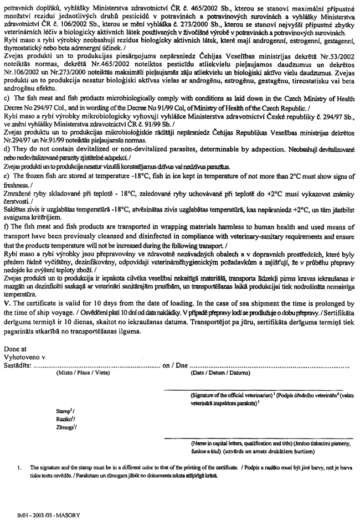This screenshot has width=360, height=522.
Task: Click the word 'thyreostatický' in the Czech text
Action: [27, 77]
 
